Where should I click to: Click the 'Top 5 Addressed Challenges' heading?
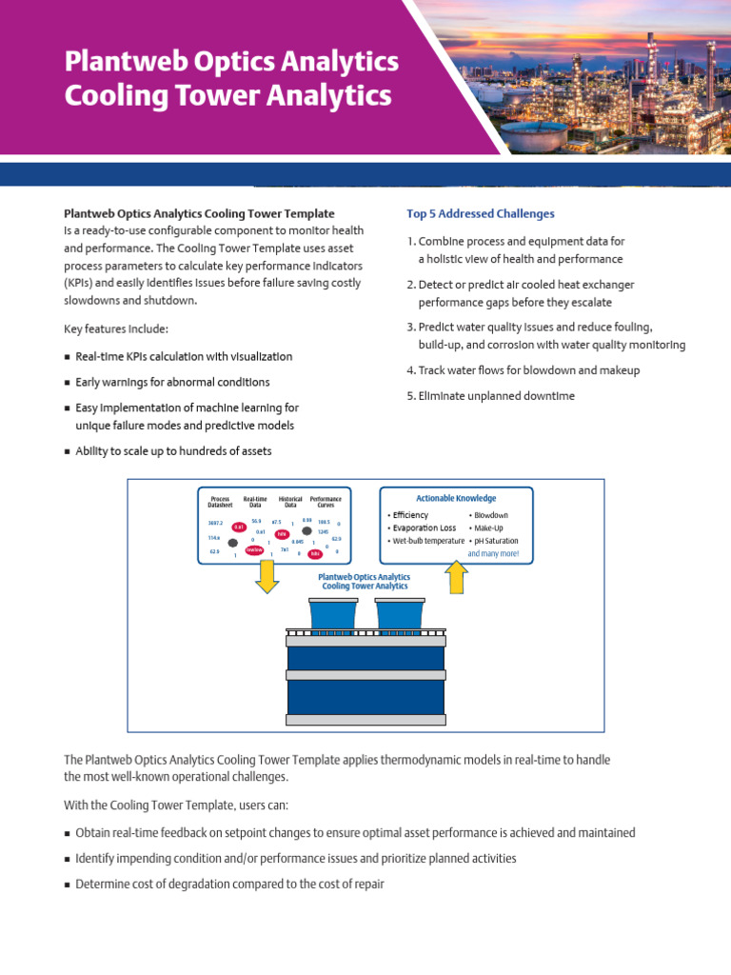(x=480, y=213)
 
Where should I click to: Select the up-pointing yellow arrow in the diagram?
(x=457, y=576)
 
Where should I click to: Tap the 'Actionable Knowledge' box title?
(x=456, y=498)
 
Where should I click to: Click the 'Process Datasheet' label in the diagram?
(x=220, y=502)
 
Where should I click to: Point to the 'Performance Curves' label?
(x=326, y=502)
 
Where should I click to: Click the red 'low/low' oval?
(x=254, y=549)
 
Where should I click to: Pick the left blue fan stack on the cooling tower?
(x=333, y=615)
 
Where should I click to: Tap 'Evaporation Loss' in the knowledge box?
(x=422, y=527)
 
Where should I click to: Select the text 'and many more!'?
(x=493, y=553)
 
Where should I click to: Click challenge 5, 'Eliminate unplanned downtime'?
(x=490, y=396)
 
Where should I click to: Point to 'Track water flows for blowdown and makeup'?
(x=523, y=370)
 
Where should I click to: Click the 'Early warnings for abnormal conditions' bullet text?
(x=172, y=382)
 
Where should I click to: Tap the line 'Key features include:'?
(x=115, y=329)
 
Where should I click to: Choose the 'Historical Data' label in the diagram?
(x=290, y=502)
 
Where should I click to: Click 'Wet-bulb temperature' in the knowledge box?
(x=425, y=541)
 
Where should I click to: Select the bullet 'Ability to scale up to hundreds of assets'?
(x=173, y=451)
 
